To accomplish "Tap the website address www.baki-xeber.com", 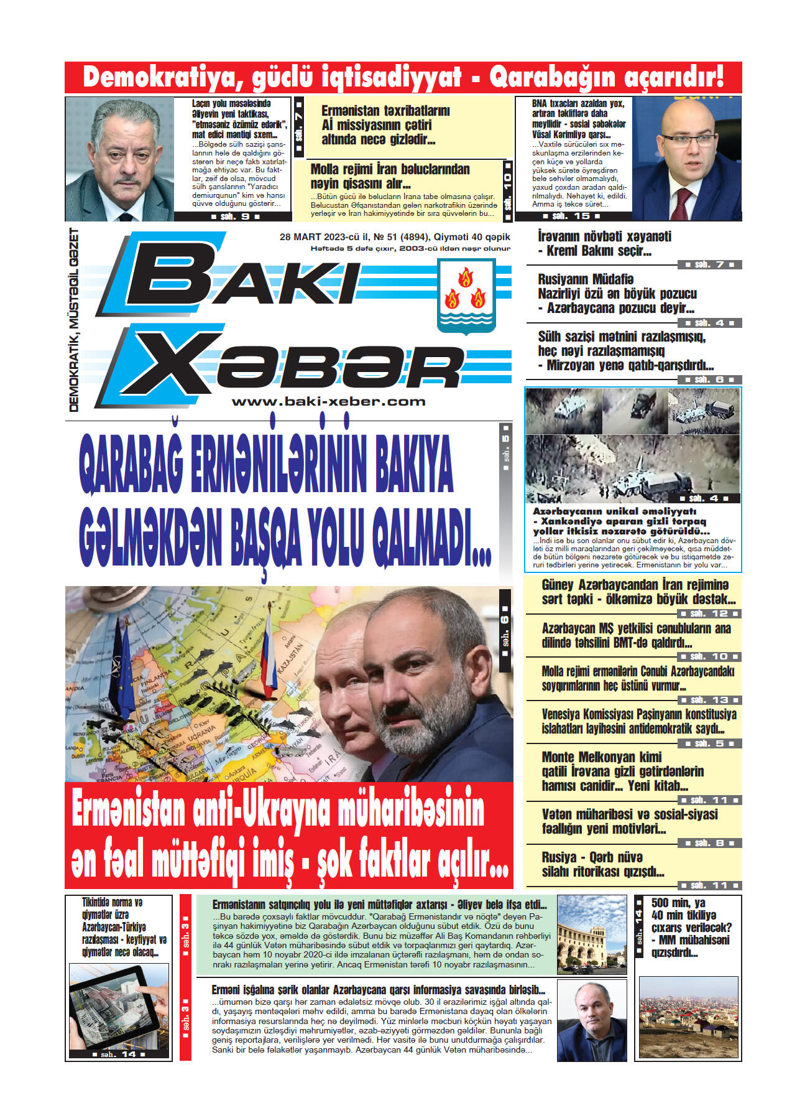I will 328,402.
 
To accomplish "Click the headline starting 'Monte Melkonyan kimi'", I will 622,771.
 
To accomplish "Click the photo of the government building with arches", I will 591,934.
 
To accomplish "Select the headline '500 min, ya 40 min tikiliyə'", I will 690,927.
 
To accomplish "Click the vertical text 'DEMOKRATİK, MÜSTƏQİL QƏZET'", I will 74,320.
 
